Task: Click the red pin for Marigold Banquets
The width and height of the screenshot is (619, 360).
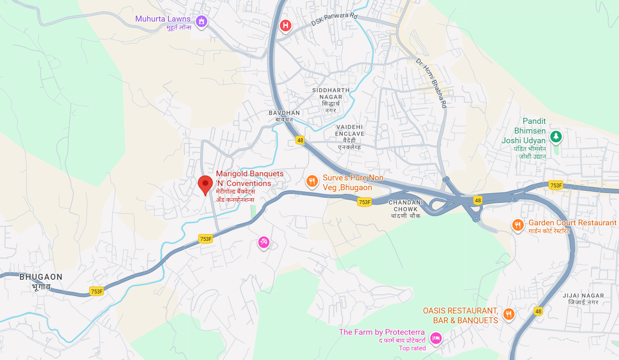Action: pos(205,184)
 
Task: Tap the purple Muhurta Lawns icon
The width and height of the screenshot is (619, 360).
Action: pos(202,21)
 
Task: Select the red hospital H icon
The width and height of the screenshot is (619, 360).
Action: pos(286,25)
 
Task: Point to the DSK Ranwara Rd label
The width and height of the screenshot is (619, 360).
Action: pos(334,19)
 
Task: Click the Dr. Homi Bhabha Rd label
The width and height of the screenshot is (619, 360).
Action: pos(431,83)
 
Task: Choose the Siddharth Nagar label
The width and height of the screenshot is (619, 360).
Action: pos(331,100)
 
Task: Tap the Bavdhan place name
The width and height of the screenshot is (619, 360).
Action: pos(284,116)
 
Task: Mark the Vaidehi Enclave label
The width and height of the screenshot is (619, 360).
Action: pos(349,137)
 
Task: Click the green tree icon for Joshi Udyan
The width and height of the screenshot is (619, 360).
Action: pos(556,136)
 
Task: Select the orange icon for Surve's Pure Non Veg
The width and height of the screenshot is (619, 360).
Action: pos(312,181)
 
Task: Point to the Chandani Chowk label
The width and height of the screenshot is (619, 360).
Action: pos(406,209)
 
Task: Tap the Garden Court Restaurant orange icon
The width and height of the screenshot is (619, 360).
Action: pos(518,225)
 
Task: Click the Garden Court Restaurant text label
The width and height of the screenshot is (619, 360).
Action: pos(573,223)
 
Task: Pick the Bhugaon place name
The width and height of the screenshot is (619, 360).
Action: pos(41,281)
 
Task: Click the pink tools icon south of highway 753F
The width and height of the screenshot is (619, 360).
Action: pos(264,242)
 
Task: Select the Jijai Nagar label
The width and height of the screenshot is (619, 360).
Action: pos(583,299)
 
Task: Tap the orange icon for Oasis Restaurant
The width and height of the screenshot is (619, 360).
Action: pos(509,314)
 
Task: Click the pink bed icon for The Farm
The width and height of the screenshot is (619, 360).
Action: pos(436,338)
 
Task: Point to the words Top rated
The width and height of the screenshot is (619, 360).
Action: pos(412,348)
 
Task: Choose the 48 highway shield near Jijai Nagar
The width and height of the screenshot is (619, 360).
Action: pos(538,311)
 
